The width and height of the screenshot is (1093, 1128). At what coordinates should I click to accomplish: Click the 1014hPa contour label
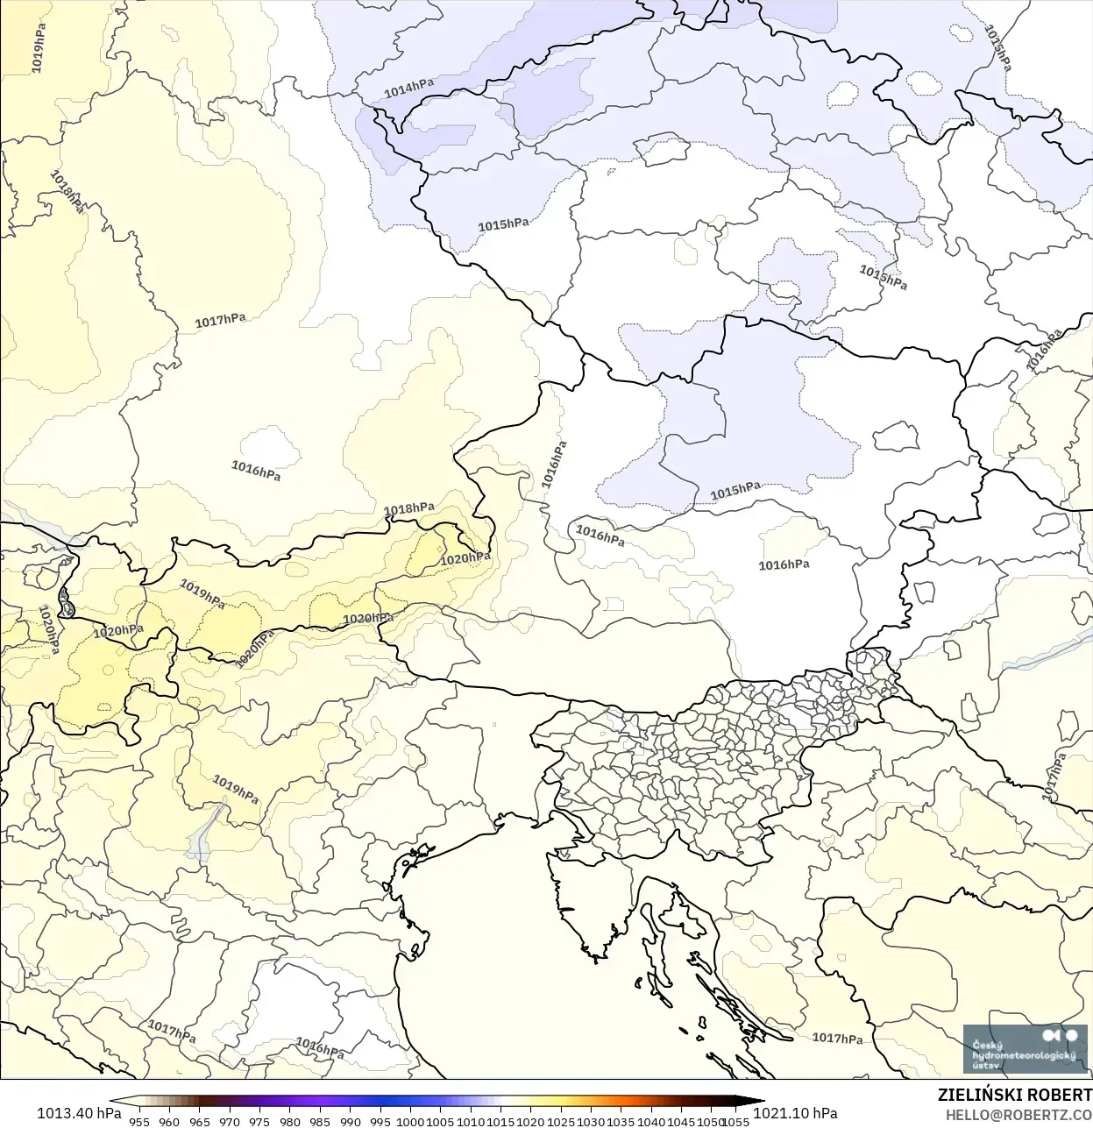point(408,88)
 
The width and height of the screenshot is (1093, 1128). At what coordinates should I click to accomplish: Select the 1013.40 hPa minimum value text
point(79,1113)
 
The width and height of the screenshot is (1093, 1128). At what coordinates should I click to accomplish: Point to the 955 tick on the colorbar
point(139,1121)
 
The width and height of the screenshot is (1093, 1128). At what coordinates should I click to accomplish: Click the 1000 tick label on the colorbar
point(410,1121)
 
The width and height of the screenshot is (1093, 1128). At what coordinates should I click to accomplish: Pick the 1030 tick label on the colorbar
point(591,1121)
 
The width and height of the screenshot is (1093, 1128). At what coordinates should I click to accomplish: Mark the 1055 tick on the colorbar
point(736,1121)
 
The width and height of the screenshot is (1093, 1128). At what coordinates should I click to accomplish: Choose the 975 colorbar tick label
point(259,1121)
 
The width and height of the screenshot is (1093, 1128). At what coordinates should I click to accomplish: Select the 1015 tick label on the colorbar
point(500,1121)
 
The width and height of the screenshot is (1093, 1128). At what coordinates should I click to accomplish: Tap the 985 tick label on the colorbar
point(320,1121)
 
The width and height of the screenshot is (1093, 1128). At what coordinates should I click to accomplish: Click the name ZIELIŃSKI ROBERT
point(1014,1096)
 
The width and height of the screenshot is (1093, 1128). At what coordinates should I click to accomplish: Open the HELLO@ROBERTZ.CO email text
point(1018,1114)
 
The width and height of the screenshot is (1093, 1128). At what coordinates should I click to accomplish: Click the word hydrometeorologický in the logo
point(1024,1056)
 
